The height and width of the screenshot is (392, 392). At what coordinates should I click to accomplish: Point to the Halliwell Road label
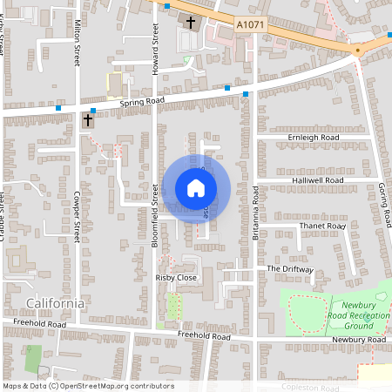317,180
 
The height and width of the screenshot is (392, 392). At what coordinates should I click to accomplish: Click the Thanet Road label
322,226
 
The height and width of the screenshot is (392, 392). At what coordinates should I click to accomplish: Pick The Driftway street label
289,269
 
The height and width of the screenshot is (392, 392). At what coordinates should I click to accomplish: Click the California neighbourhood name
56,303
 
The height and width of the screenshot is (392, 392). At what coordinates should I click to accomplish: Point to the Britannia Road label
254,207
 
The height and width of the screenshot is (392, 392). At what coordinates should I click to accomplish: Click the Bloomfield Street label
154,220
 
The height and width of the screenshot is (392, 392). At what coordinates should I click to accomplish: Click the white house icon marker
196,188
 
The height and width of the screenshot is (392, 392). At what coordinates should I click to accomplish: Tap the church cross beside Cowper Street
88,119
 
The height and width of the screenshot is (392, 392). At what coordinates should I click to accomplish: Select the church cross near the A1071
192,20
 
